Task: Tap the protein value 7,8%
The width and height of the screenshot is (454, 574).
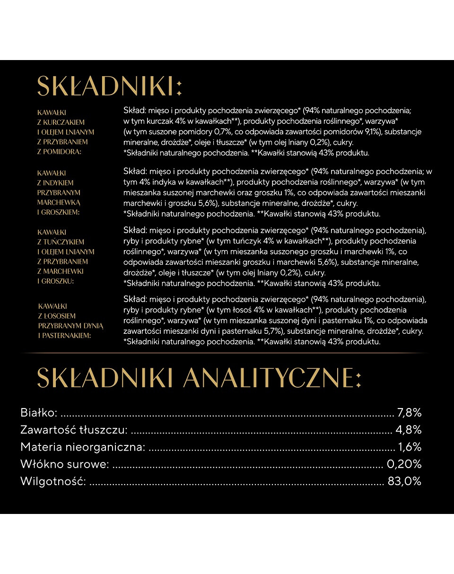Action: (410, 413)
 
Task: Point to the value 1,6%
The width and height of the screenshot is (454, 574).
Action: (410, 447)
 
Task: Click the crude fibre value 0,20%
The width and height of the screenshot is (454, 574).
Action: (404, 464)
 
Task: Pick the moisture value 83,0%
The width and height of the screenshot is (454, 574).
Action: (404, 481)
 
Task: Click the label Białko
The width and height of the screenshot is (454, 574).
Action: (39, 413)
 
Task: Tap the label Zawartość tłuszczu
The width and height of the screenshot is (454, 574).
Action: (74, 430)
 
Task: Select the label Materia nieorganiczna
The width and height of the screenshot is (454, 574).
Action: (82, 447)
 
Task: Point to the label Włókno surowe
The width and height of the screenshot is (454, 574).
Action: (64, 464)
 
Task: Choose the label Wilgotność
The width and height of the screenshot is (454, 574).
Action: (53, 481)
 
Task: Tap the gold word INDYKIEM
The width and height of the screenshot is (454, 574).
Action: (59, 183)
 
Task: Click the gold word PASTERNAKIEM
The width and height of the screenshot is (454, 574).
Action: (68, 336)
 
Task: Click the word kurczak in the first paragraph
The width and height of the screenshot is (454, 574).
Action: (160, 121)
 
